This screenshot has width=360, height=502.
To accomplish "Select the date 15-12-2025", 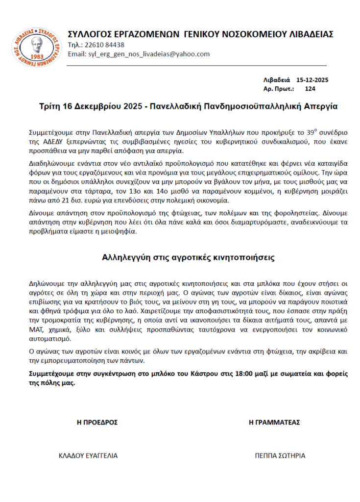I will click(x=312, y=79).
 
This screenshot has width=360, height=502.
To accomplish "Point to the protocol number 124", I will click(x=310, y=89).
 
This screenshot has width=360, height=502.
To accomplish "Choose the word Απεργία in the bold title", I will click(x=320, y=106).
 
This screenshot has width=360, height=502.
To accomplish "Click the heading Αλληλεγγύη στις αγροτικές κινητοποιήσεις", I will click(x=188, y=256).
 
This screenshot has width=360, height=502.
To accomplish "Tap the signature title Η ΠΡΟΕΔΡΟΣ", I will click(x=97, y=422).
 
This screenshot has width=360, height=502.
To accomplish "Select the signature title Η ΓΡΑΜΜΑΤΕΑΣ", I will click(x=274, y=422).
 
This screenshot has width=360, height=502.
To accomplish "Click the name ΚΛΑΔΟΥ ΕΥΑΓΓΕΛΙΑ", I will click(x=88, y=455).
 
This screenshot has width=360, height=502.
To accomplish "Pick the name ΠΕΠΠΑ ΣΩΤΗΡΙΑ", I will click(x=280, y=455).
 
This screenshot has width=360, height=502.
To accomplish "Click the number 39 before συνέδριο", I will click(x=309, y=133).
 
